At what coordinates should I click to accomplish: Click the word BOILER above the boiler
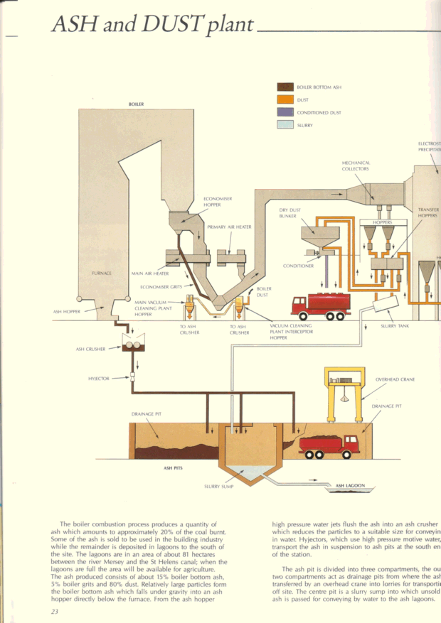136,104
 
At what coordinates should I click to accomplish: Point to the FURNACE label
102,273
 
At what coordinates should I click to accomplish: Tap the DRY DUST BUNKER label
289,213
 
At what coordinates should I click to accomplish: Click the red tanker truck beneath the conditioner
321,306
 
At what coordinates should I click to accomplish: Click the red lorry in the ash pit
329,446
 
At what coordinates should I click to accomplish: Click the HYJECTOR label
99,379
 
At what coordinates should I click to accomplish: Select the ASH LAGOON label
350,486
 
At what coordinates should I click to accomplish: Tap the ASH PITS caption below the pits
174,468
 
